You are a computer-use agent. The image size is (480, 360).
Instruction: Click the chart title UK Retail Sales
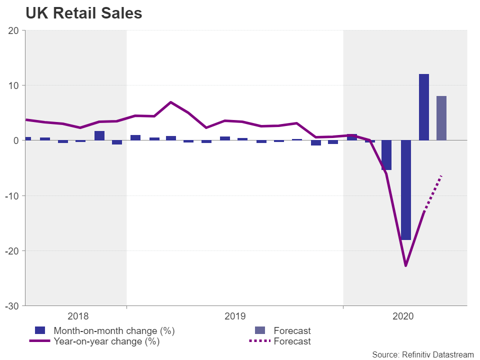point(84,13)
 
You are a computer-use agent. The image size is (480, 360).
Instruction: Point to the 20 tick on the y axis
point(13,30)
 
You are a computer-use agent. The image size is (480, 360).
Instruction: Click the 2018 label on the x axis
point(77,316)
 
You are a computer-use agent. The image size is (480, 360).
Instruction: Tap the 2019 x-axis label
point(235,316)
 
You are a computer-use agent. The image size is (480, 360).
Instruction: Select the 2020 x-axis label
point(403,316)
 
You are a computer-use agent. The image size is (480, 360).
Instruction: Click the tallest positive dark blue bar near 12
point(423,107)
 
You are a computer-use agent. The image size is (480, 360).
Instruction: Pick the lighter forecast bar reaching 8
point(441,118)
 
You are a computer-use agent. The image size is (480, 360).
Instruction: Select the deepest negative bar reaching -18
point(405,190)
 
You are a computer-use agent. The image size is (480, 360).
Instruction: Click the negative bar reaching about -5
point(386,155)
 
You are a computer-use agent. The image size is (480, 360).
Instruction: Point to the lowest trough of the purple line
point(405,265)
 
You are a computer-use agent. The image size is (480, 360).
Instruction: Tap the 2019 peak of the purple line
point(171,102)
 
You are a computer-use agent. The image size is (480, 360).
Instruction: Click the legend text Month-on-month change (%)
point(114,330)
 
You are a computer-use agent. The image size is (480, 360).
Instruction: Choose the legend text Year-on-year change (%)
point(106,341)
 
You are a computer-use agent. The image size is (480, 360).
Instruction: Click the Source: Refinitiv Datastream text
point(422,354)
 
